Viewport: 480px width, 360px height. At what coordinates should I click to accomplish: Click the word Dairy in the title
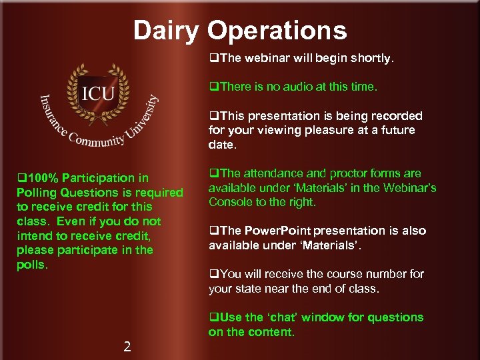coord(167,31)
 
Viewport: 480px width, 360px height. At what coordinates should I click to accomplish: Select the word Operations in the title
coord(277,31)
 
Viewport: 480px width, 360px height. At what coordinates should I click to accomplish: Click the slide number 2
coord(127,346)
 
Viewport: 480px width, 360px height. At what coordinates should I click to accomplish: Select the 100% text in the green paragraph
coord(39,178)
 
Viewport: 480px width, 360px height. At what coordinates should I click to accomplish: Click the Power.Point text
coord(277,231)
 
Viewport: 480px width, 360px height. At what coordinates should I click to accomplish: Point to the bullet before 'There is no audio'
coord(214,87)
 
